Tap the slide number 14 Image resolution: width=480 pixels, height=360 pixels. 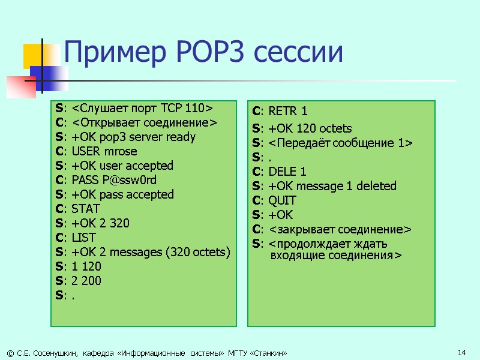coord(461,352)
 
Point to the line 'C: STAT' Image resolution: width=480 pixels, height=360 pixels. coord(77,209)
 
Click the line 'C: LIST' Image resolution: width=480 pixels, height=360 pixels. coord(75,238)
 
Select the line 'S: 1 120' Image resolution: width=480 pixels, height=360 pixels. coord(78,266)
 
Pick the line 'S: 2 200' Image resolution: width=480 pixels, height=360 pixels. coord(78,281)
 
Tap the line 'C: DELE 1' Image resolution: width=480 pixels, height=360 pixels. coord(279,172)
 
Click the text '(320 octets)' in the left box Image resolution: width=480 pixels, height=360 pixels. coord(199,252)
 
